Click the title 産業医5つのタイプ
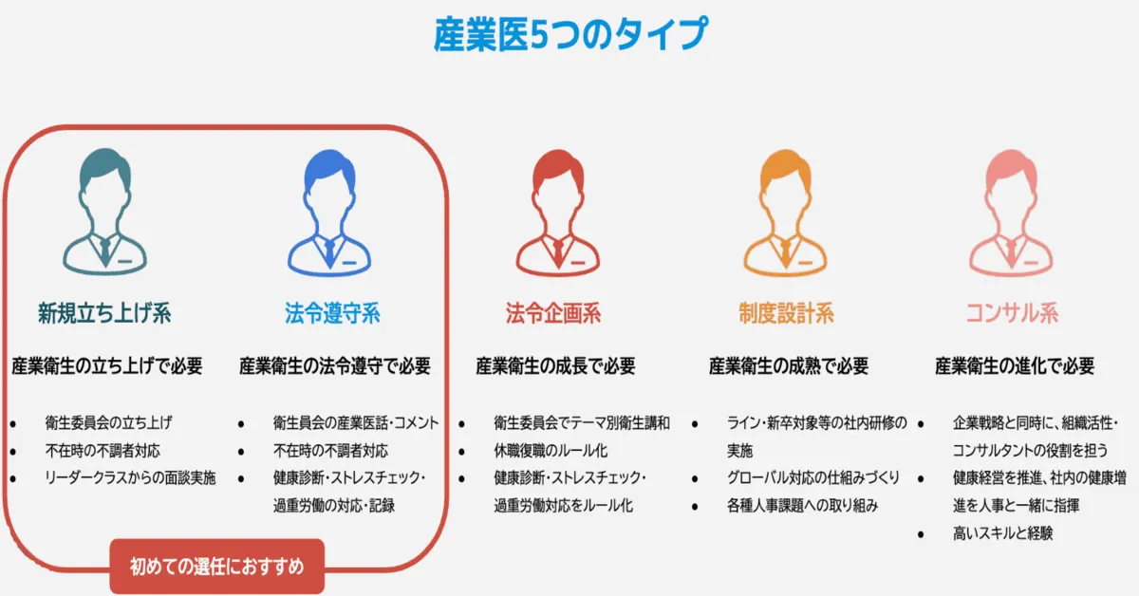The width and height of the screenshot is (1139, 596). coord(569,34)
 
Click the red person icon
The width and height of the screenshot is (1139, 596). coord(554,214)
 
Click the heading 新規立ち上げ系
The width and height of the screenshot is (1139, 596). coord(104,312)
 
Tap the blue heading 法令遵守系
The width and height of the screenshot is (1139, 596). coord(332,312)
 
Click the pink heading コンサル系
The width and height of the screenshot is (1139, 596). coord(1011,312)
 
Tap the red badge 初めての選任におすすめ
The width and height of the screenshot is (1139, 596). coord(217,567)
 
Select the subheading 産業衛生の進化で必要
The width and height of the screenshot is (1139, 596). coord(1015,365)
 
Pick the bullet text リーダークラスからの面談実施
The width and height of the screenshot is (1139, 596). coord(130,477)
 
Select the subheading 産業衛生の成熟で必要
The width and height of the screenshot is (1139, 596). coord(788,365)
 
